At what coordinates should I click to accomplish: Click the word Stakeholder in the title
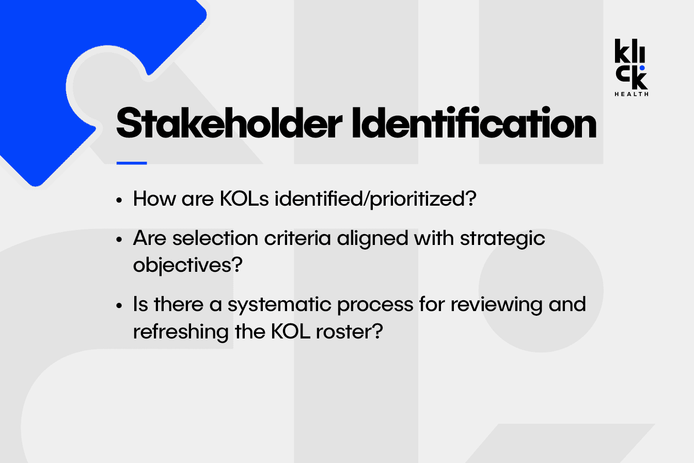229,122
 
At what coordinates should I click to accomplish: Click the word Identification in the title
474,122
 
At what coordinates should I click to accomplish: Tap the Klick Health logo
632,68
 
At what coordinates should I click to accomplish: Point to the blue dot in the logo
642,68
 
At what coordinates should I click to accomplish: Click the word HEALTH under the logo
632,94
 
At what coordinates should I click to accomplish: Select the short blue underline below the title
132,163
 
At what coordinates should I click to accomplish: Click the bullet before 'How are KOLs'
119,200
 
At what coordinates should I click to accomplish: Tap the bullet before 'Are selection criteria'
119,239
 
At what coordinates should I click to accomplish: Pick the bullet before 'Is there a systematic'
119,305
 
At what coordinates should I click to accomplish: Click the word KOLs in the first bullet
244,198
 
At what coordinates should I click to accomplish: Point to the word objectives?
188,266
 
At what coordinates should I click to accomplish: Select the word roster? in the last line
350,332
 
